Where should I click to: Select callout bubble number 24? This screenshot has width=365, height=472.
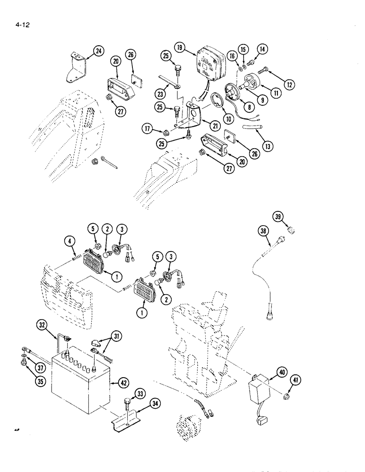pyautogui.click(x=98, y=52)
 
